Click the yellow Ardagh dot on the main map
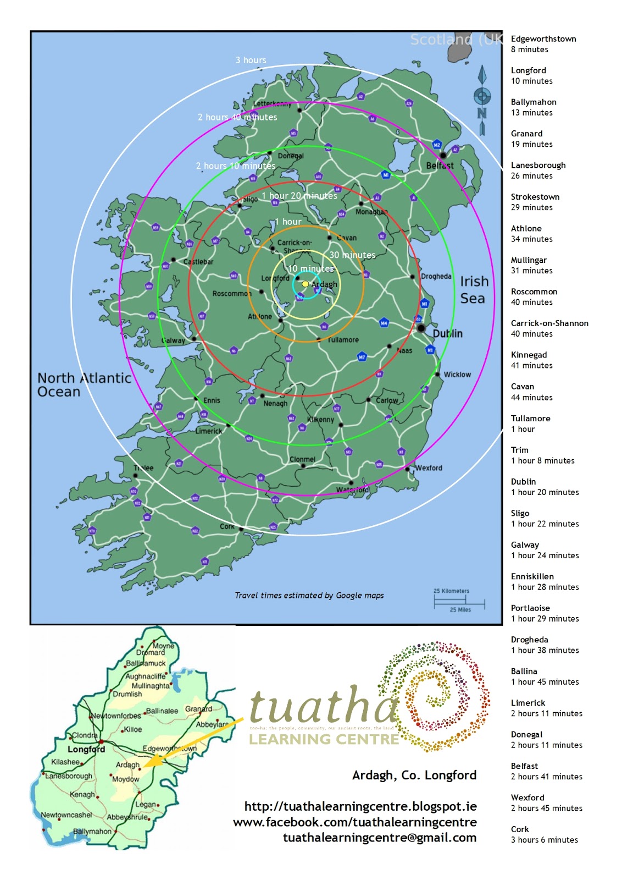(306, 284)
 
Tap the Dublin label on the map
(447, 333)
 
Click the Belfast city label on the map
(440, 166)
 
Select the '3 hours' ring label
(251, 60)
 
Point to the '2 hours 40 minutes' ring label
(237, 117)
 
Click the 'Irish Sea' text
(474, 290)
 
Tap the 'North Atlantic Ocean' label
(84, 384)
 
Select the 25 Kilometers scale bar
(459, 600)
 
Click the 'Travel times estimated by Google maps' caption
(309, 595)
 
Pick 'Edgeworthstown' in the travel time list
(543, 39)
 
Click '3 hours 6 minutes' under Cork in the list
(544, 840)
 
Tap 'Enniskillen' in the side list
(532, 576)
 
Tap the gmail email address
(379, 838)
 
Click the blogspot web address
(360, 806)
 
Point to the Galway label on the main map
(174, 340)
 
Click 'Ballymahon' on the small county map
(92, 831)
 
